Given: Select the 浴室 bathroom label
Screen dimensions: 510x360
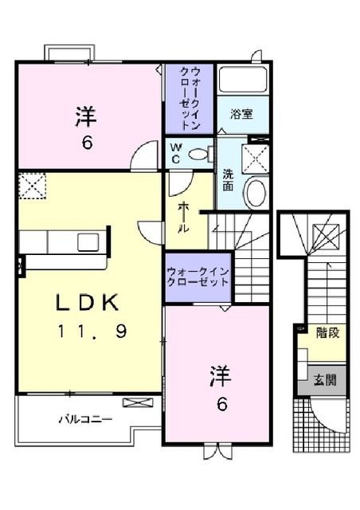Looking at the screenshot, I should (241, 114).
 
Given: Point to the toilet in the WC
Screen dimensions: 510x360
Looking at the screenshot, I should (199, 152).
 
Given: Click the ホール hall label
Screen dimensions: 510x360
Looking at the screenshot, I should (183, 215).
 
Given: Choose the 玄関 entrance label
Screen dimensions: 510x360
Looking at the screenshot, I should (324, 380).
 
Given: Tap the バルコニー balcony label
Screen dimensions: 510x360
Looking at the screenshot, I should (84, 419).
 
